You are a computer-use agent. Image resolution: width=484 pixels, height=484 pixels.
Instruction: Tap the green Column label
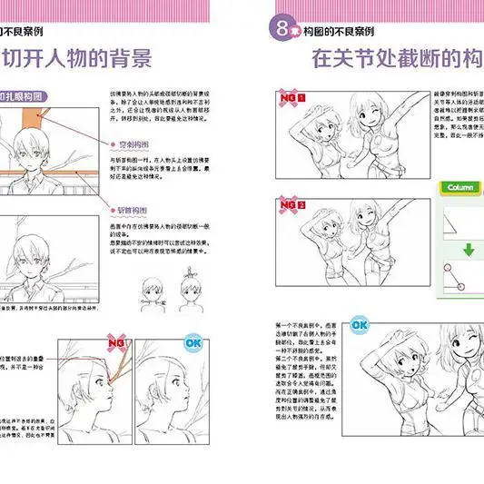pos(460,188)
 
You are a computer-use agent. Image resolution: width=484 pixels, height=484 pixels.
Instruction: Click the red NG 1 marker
pos(291,97)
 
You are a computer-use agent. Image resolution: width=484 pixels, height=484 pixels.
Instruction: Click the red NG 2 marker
pos(291,206)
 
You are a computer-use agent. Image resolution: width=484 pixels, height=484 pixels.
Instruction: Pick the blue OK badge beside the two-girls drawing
pos(359,324)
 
